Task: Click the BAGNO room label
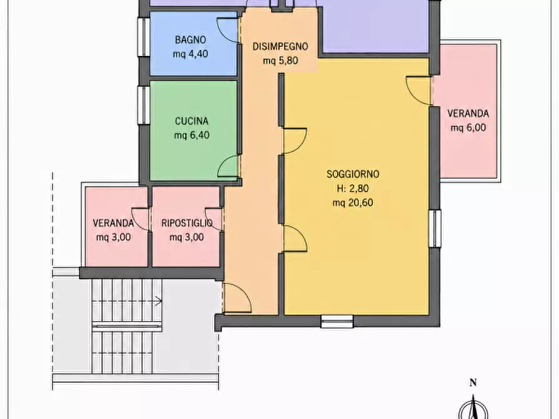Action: pyautogui.click(x=190, y=40)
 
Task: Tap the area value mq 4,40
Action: pyautogui.click(x=190, y=54)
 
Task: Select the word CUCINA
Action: pyautogui.click(x=192, y=121)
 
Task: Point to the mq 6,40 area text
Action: pyautogui.click(x=192, y=135)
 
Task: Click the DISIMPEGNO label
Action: pyautogui.click(x=280, y=47)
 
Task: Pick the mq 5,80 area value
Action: pyautogui.click(x=280, y=61)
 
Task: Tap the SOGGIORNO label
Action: pyautogui.click(x=353, y=174)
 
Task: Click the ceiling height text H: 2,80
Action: pyautogui.click(x=353, y=188)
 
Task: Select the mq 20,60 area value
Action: pyautogui.click(x=353, y=203)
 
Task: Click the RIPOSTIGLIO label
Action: pyautogui.click(x=187, y=223)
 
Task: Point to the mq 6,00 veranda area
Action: pyautogui.click(x=468, y=128)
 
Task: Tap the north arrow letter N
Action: pyautogui.click(x=473, y=383)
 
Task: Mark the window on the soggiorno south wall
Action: pyautogui.click(x=337, y=321)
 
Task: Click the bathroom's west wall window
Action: pyautogui.click(x=144, y=37)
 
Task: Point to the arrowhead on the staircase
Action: pyautogui.click(x=159, y=301)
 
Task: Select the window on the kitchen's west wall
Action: pyautogui.click(x=144, y=106)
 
